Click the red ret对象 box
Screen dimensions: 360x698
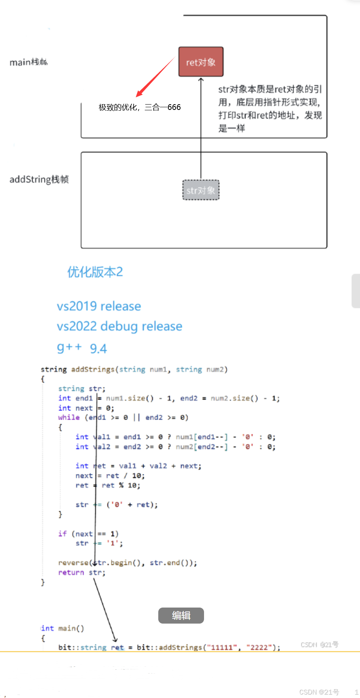coord(201,62)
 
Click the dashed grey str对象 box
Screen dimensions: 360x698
coord(201,190)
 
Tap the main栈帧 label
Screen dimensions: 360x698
coord(29,62)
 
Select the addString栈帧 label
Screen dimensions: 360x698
coord(39,179)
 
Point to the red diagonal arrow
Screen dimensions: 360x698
coord(155,77)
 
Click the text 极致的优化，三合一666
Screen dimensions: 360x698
coord(140,107)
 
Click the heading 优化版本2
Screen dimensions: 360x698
coord(95,272)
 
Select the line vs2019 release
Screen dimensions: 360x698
coord(99,306)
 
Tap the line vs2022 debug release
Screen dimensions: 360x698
coord(119,326)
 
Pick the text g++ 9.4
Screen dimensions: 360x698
coord(82,348)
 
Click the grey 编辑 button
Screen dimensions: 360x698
coord(181,615)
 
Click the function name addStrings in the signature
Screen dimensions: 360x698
coord(93,369)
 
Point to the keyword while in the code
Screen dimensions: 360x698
coord(69,418)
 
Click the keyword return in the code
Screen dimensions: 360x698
coord(71,572)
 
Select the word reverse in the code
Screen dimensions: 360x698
coord(73,563)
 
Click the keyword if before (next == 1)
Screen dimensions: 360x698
coord(62,534)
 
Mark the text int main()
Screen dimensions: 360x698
coord(63,628)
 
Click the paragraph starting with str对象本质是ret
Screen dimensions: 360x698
coord(270,108)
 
